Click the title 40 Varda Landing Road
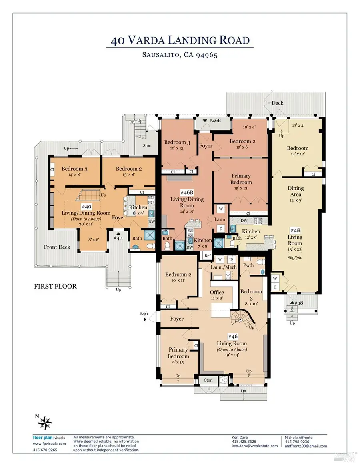click(x=180, y=40)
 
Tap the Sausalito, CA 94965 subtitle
click(x=180, y=55)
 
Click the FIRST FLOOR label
click(x=55, y=286)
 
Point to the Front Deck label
click(x=57, y=247)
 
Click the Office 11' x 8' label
click(x=217, y=295)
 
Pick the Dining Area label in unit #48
click(x=296, y=191)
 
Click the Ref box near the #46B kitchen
click(x=207, y=255)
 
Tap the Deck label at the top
click(x=277, y=103)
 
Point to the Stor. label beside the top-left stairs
click(x=147, y=146)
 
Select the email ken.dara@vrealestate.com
click(x=254, y=446)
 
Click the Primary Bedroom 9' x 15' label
click(x=178, y=353)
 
